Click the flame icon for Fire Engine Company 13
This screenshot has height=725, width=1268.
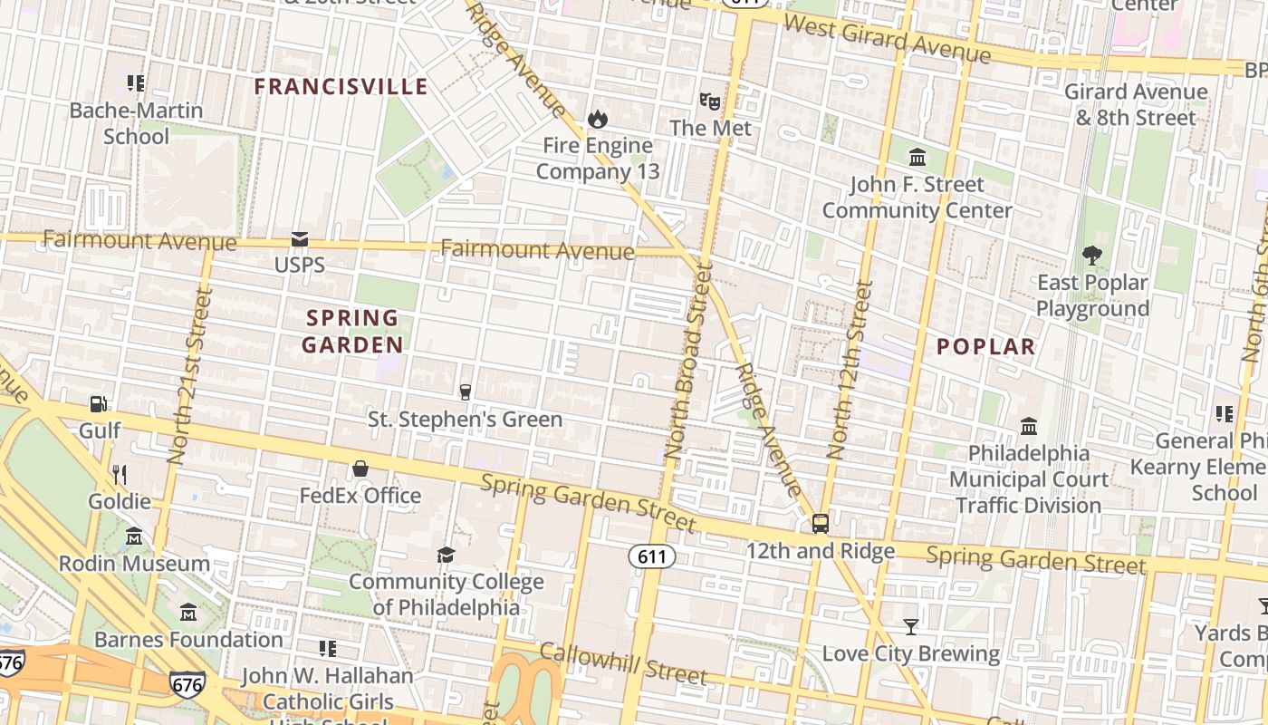point(597,119)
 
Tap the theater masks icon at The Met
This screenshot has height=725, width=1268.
point(709,101)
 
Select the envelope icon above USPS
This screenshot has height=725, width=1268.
point(300,239)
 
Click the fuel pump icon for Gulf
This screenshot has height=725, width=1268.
point(98,403)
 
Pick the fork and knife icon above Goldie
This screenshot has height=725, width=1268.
point(119,474)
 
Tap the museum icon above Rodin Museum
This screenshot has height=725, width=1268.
point(134,536)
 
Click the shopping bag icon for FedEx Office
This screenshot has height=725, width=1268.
point(360,469)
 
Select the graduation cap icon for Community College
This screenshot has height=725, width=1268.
point(446,555)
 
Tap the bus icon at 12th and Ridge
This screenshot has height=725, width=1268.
point(820,523)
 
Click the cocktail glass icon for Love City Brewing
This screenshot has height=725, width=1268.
point(910,626)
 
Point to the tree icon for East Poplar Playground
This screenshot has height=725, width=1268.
point(1092,256)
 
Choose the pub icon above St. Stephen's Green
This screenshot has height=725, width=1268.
point(466,391)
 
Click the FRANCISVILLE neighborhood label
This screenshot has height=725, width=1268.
point(341,87)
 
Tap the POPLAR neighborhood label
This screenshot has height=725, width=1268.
point(985,346)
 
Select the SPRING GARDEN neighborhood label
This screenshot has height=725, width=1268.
point(352,331)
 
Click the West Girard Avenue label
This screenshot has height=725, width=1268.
point(887,38)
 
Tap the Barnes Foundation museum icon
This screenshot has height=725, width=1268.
point(188,613)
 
